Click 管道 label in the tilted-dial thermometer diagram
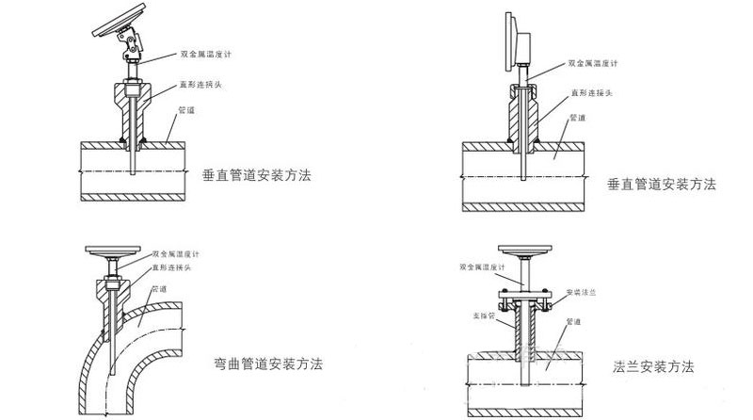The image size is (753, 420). tap(188, 109)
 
